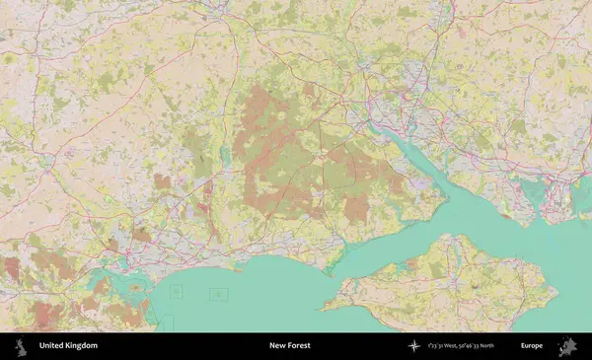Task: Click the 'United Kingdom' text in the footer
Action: pos(68,346)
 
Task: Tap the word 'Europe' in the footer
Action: pos(532,346)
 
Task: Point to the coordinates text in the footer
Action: pos(462,346)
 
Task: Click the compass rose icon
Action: pos(413,346)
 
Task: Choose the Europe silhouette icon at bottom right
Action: pos(568,346)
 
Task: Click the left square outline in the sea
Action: pos(177,291)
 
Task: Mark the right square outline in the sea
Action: pos(218,293)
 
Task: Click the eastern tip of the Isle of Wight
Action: pos(556,293)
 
